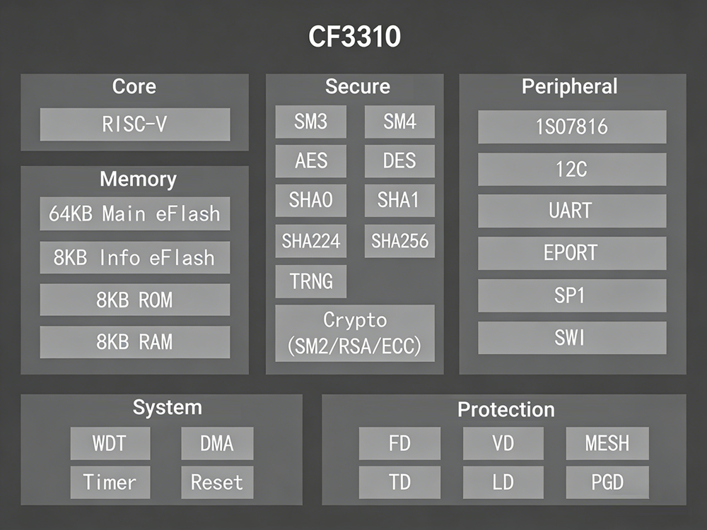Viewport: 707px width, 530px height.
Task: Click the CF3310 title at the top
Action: pyautogui.click(x=354, y=36)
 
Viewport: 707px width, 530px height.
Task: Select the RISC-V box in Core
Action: pyautogui.click(x=134, y=124)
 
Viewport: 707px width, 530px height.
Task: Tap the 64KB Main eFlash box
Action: pyautogui.click(x=134, y=213)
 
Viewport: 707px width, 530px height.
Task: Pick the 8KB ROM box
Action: pyautogui.click(x=134, y=300)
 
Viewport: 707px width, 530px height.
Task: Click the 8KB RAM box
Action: pyautogui.click(x=134, y=342)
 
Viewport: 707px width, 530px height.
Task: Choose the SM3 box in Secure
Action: pyautogui.click(x=310, y=122)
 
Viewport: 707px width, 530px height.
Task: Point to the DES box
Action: pyautogui.click(x=399, y=161)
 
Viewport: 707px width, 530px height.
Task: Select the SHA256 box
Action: pyautogui.click(x=399, y=242)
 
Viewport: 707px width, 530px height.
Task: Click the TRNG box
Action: pyautogui.click(x=310, y=281)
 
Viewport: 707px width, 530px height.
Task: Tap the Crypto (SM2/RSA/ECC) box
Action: pyautogui.click(x=354, y=333)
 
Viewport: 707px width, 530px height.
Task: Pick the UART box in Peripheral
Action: pyautogui.click(x=571, y=211)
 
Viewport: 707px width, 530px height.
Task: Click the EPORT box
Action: pyautogui.click(x=571, y=252)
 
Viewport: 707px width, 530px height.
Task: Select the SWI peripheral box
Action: pyautogui.click(x=571, y=338)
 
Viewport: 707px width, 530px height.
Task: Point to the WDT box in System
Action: pyautogui.click(x=110, y=444)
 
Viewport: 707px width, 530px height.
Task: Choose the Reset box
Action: pyautogui.click(x=216, y=483)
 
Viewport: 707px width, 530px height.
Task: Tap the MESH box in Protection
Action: pyautogui.click(x=607, y=444)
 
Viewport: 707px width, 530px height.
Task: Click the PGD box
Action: pyautogui.click(x=607, y=483)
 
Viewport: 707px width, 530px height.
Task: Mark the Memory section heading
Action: pyautogui.click(x=138, y=178)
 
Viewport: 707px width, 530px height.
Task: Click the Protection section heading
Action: pyautogui.click(x=506, y=409)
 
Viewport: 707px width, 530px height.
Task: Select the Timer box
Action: pyautogui.click(x=110, y=483)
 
